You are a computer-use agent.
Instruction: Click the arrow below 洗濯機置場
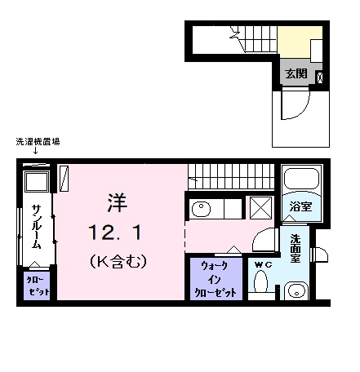coord(35,152)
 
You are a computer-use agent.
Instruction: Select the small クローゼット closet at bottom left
coord(35,286)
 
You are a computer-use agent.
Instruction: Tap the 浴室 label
coord(300,206)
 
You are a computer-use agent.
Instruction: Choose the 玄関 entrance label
coord(296,73)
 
